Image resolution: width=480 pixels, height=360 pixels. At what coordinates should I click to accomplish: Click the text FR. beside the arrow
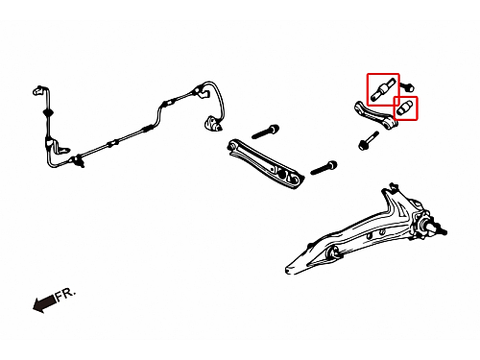tap(66, 294)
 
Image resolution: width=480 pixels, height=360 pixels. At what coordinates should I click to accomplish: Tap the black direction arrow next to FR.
tap(44, 303)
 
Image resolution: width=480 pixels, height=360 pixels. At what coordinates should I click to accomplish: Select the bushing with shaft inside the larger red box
tap(383, 89)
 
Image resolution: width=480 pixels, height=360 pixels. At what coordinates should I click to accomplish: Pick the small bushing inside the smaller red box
tap(405, 108)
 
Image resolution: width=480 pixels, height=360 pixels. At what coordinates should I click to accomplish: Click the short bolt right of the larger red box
tap(407, 86)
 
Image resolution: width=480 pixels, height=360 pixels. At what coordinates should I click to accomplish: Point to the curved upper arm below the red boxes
tap(374, 115)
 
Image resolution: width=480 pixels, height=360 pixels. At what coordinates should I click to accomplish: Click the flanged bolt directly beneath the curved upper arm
tap(368, 140)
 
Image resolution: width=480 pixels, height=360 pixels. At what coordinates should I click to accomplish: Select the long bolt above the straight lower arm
tap(265, 132)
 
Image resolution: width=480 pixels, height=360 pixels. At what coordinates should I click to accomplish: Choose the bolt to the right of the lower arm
tap(324, 168)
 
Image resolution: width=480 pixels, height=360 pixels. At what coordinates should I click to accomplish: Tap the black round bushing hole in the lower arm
tap(282, 174)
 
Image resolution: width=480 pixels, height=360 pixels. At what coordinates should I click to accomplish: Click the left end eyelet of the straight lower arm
tap(232, 146)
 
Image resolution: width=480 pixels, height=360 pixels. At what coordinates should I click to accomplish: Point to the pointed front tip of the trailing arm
tap(288, 269)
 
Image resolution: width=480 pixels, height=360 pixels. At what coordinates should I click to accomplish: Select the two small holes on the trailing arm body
tap(375, 234)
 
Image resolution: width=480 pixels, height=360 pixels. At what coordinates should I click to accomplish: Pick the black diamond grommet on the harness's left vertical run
tap(48, 112)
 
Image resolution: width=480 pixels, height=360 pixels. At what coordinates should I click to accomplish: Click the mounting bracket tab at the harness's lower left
tap(63, 148)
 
